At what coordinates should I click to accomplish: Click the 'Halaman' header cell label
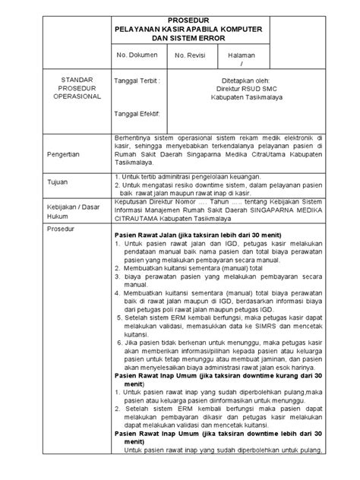coord(245,55)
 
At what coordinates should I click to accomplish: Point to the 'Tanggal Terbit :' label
coord(137,79)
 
